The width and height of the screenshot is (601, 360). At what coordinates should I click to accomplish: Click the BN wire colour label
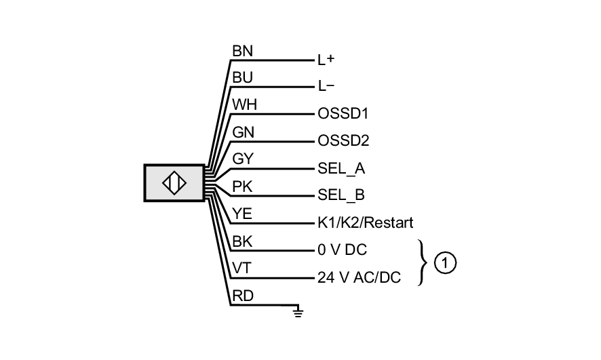click(243, 51)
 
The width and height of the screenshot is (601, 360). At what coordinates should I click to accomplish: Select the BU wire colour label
click(243, 78)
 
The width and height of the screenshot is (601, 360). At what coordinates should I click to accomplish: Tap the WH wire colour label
click(244, 105)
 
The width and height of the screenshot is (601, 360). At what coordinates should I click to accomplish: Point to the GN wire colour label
click(244, 132)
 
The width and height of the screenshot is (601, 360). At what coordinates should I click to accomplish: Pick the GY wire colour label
click(243, 159)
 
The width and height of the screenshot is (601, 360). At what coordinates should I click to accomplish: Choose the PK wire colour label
click(243, 186)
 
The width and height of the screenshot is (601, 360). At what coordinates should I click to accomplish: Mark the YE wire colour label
click(242, 214)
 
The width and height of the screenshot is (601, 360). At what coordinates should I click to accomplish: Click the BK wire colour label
click(242, 241)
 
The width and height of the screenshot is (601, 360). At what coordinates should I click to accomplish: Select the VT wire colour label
click(241, 268)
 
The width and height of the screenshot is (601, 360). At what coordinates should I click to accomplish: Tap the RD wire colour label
click(243, 296)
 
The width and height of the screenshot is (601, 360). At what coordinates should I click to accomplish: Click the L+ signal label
click(326, 60)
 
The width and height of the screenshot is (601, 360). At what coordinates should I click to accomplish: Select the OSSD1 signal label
click(343, 114)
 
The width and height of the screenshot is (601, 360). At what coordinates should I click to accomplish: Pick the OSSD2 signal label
click(343, 141)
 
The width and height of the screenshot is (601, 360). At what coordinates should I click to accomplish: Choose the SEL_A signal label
click(341, 168)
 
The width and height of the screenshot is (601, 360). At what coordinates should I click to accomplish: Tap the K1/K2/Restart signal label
click(365, 222)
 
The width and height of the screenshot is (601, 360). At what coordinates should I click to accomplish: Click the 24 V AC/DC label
click(358, 277)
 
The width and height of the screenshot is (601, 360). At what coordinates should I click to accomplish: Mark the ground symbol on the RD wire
click(298, 311)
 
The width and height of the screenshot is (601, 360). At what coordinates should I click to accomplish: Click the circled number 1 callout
click(444, 262)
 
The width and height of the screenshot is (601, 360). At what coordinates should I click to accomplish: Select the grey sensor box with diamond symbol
click(174, 183)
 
